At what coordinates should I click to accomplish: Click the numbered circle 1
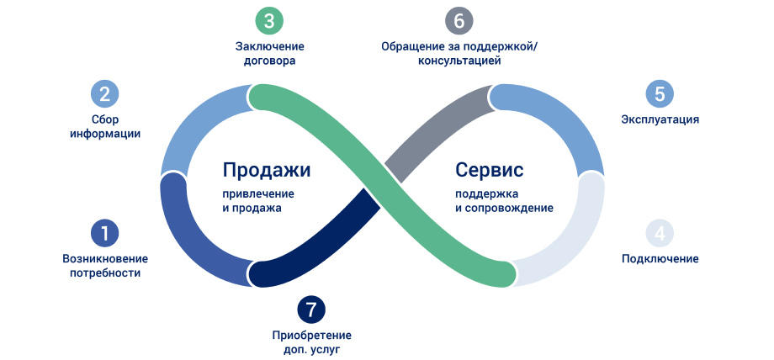[104, 233]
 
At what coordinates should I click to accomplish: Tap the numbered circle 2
[104, 93]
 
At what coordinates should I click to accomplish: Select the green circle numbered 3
[269, 20]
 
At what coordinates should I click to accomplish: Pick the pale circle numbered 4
[660, 233]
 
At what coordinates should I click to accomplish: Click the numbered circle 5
[660, 93]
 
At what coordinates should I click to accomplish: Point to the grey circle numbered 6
[459, 20]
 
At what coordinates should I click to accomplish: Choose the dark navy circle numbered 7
[311, 309]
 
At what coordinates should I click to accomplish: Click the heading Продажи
[267, 170]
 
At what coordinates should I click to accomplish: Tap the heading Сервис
[490, 170]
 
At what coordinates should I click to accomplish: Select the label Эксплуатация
[660, 119]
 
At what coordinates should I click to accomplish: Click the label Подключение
[660, 258]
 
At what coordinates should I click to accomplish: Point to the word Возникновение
[105, 258]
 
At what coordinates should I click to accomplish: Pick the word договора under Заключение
[269, 61]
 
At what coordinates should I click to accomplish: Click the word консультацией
[459, 61]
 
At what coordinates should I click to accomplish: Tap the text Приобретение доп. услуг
[311, 341]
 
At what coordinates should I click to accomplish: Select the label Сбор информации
[105, 126]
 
